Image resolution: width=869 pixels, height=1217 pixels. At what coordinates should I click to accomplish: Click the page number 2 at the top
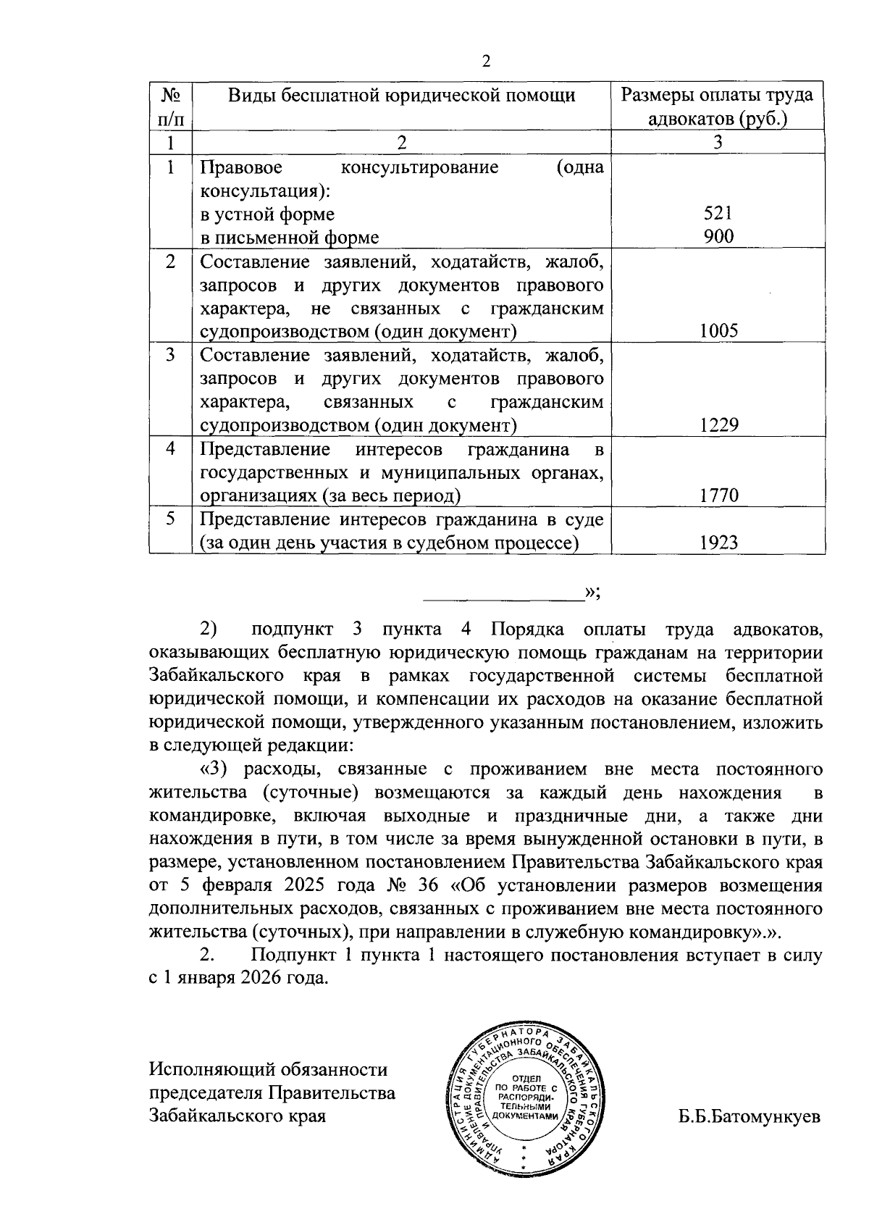[x=486, y=62]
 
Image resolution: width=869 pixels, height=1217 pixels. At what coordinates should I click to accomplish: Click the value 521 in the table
[x=718, y=213]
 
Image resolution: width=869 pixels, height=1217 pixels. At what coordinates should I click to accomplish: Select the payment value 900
[x=718, y=236]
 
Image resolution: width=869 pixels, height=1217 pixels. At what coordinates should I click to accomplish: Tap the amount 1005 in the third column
[x=718, y=331]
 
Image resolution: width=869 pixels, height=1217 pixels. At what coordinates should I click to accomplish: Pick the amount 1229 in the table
[x=718, y=425]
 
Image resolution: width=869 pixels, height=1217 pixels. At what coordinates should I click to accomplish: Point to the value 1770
[x=718, y=495]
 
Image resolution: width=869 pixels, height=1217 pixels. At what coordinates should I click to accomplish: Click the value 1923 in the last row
[x=718, y=543]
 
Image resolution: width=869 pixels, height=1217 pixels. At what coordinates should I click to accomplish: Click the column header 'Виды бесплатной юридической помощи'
[x=402, y=95]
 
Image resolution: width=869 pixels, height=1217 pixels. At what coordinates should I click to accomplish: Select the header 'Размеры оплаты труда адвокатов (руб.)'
[x=718, y=106]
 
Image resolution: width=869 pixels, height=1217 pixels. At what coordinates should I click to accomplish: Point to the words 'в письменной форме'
[x=289, y=237]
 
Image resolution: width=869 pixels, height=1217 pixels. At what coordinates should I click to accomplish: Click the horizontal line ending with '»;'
[x=504, y=599]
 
